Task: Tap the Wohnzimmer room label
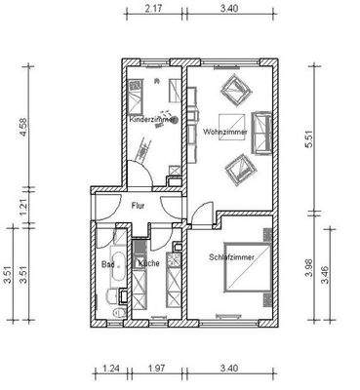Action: (x=224, y=129)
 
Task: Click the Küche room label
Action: (x=148, y=263)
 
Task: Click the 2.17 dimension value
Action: (x=151, y=9)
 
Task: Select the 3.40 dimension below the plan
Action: (x=230, y=370)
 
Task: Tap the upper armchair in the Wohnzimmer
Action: (x=235, y=94)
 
